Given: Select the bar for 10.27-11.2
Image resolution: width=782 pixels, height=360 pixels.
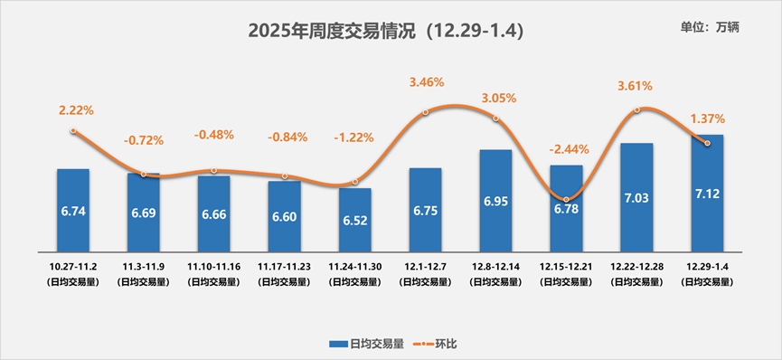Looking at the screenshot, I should [x=73, y=210].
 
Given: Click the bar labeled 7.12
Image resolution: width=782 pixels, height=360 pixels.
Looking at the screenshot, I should [x=707, y=194].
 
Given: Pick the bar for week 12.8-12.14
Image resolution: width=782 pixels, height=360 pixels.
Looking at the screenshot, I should [x=495, y=201].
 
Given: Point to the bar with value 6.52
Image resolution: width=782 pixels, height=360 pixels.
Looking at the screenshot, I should [x=354, y=220].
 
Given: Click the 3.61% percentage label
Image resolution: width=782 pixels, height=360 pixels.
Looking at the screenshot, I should [x=635, y=87].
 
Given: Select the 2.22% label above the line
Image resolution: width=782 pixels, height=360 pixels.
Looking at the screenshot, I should [x=76, y=110].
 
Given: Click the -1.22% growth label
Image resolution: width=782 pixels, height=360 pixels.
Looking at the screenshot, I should [x=354, y=138].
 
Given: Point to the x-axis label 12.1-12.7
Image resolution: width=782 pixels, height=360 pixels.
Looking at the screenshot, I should [x=425, y=268].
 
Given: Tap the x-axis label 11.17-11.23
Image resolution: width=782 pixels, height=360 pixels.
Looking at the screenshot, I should [x=284, y=268].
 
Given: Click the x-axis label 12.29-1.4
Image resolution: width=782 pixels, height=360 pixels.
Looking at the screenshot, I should [x=707, y=268].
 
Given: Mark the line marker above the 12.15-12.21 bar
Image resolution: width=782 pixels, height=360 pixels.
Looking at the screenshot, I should [x=567, y=200].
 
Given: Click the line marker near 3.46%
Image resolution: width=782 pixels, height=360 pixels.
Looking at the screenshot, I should [x=426, y=112].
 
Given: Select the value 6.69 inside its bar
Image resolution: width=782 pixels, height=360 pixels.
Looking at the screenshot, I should [x=144, y=213].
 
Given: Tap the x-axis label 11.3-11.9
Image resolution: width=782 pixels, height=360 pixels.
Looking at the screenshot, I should [x=144, y=268].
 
